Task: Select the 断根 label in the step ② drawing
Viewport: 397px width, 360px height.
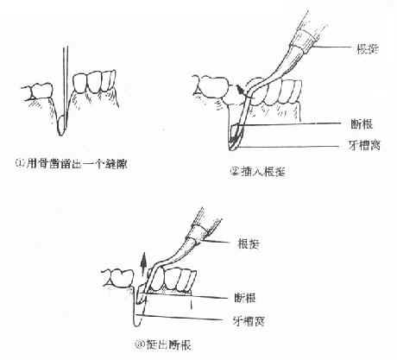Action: (352, 123)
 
